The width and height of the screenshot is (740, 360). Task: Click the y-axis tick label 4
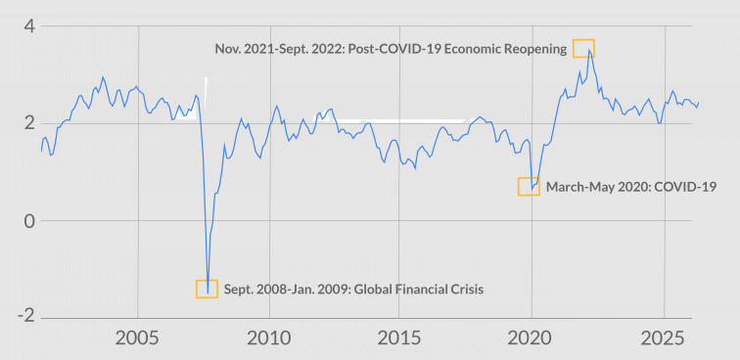pyautogui.click(x=29, y=26)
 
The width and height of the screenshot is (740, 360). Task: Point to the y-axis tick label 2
pyautogui.click(x=29, y=123)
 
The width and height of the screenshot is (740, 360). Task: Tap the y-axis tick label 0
pyautogui.click(x=29, y=220)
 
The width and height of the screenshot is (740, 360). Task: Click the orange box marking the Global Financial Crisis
pyautogui.click(x=207, y=289)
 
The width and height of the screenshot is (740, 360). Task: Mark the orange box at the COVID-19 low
pyautogui.click(x=529, y=186)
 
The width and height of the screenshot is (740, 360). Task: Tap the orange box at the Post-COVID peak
pyautogui.click(x=583, y=48)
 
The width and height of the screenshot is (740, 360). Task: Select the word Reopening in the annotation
pyautogui.click(x=533, y=48)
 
